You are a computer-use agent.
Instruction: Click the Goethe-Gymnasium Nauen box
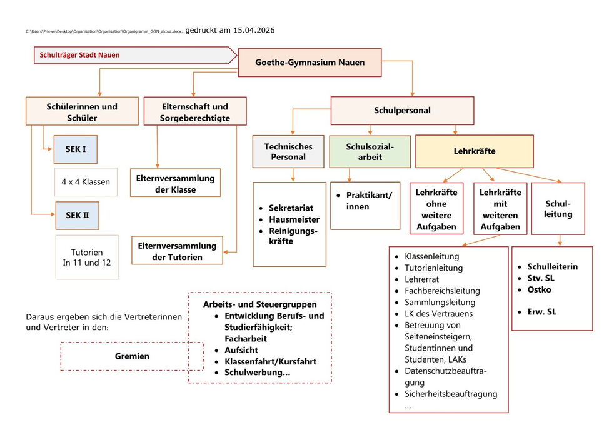pos(310,63)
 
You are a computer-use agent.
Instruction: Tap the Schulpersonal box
pos(402,111)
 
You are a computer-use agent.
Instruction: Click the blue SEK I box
pos(76,149)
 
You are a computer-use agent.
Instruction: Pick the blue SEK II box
pos(78,215)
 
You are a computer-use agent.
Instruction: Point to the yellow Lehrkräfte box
pos(474,151)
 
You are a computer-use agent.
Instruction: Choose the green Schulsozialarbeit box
pos(370,152)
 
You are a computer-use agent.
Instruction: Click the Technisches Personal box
pos(288,152)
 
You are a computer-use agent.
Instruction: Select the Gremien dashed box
pos(132,356)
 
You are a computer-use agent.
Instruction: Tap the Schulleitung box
pos(558,209)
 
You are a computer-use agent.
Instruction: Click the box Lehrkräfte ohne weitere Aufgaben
pos(436,209)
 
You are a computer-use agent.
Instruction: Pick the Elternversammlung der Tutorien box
pos(178,251)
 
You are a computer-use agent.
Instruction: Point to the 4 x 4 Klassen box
pos(86,182)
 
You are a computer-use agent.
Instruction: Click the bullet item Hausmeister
pos(294,219)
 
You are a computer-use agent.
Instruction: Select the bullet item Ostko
pos(539,289)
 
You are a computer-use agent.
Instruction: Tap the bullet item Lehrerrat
pos(423,279)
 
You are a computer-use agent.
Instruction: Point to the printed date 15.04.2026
pos(252,30)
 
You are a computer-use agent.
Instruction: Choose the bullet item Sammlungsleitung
pos(440,302)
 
